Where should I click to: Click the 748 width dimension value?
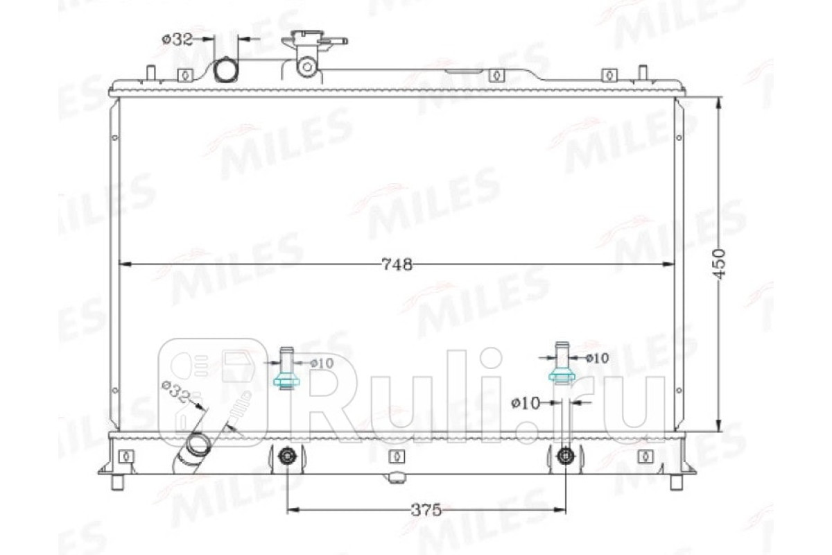pyautogui.click(x=397, y=264)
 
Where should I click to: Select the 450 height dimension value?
pyautogui.click(x=720, y=264)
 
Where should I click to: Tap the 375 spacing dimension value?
pyautogui.click(x=426, y=510)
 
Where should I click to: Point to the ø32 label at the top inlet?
pyautogui.click(x=178, y=39)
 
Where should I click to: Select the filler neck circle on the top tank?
pyautogui.click(x=307, y=67)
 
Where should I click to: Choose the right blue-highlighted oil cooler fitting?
pyautogui.click(x=562, y=377)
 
